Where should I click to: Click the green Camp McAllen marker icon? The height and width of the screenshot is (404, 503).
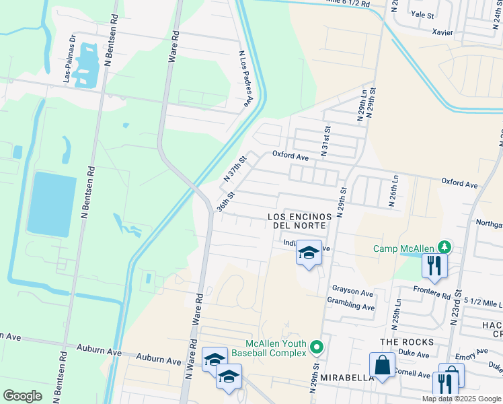[x=443, y=248]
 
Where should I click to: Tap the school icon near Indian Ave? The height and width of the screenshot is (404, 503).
[x=309, y=253]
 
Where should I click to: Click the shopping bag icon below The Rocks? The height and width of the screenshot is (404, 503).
[x=382, y=366]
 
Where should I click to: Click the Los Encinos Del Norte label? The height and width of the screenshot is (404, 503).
[x=297, y=221]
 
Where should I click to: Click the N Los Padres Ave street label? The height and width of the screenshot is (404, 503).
[x=247, y=79]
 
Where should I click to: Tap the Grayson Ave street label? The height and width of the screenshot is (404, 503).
[x=352, y=294]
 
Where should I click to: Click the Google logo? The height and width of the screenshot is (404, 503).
[x=23, y=395]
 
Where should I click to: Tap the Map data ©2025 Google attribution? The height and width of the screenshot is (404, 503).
[x=462, y=399]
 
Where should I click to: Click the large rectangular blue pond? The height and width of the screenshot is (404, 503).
[x=52, y=204]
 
